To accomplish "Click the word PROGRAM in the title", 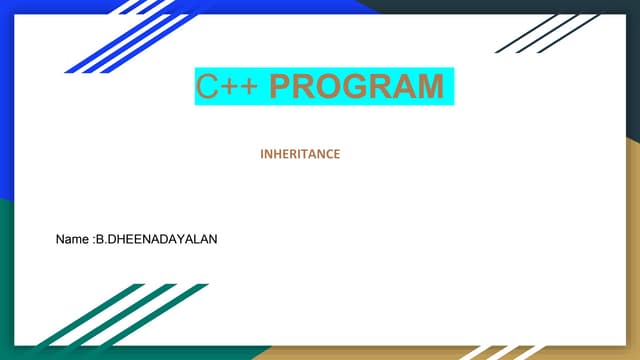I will [357, 87].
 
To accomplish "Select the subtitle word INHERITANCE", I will [300, 154].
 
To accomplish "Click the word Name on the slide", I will [73, 241].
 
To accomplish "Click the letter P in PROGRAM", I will [282, 87].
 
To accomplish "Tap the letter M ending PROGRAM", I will [427, 87].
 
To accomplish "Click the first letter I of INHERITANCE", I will [262, 154].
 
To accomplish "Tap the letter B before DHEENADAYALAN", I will [98, 241].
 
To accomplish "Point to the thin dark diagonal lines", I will [545, 32].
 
